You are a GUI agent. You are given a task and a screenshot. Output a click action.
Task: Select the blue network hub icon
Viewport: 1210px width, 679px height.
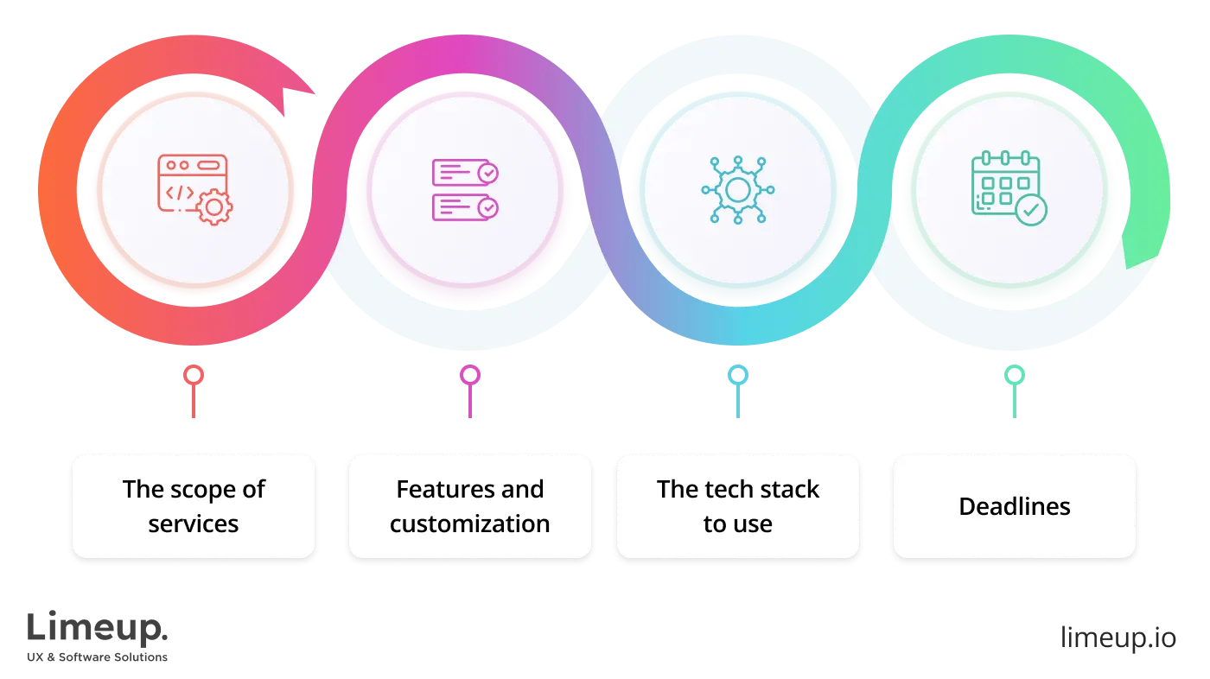point(737,190)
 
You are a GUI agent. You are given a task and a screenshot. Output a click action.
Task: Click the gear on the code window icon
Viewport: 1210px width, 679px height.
point(213,208)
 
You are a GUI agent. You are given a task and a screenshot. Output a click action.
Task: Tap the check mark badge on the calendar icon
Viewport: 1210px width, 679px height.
point(1030,209)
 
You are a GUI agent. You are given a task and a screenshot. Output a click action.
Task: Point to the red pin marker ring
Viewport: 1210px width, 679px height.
point(194,376)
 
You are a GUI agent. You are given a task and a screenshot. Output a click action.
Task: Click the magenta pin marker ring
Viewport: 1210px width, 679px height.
point(469,376)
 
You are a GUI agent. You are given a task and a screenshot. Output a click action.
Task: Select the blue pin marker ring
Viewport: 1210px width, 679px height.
point(737,376)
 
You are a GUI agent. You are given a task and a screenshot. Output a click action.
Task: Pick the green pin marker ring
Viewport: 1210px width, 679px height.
point(1014,376)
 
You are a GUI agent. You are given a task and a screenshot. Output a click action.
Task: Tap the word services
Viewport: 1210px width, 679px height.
point(194,524)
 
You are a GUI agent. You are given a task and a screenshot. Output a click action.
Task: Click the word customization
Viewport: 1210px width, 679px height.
point(469,524)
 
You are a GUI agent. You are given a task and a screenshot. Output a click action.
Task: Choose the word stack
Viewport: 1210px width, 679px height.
point(789,490)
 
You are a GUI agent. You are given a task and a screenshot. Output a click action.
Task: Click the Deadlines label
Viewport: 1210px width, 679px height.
point(1014,506)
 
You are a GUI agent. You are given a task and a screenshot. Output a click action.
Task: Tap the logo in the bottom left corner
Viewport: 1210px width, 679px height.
point(99,635)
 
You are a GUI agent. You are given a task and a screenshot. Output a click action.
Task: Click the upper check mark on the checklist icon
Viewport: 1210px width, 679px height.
point(488,173)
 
